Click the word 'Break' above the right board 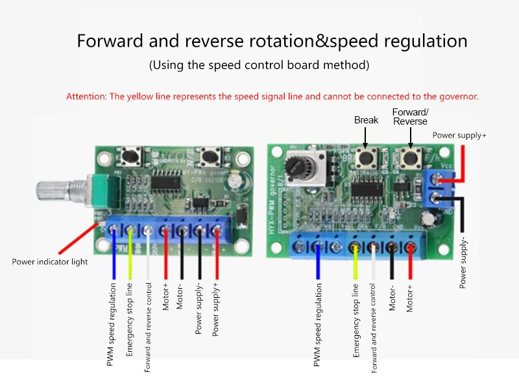(x=366, y=120)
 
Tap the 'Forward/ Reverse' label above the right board (x=410, y=117)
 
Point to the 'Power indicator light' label (x=50, y=262)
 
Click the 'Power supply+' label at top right (x=459, y=135)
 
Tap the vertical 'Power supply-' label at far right (x=463, y=262)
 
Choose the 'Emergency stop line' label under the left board (x=130, y=319)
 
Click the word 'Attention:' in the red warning (x=86, y=96)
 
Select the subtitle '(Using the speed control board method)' (x=259, y=65)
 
